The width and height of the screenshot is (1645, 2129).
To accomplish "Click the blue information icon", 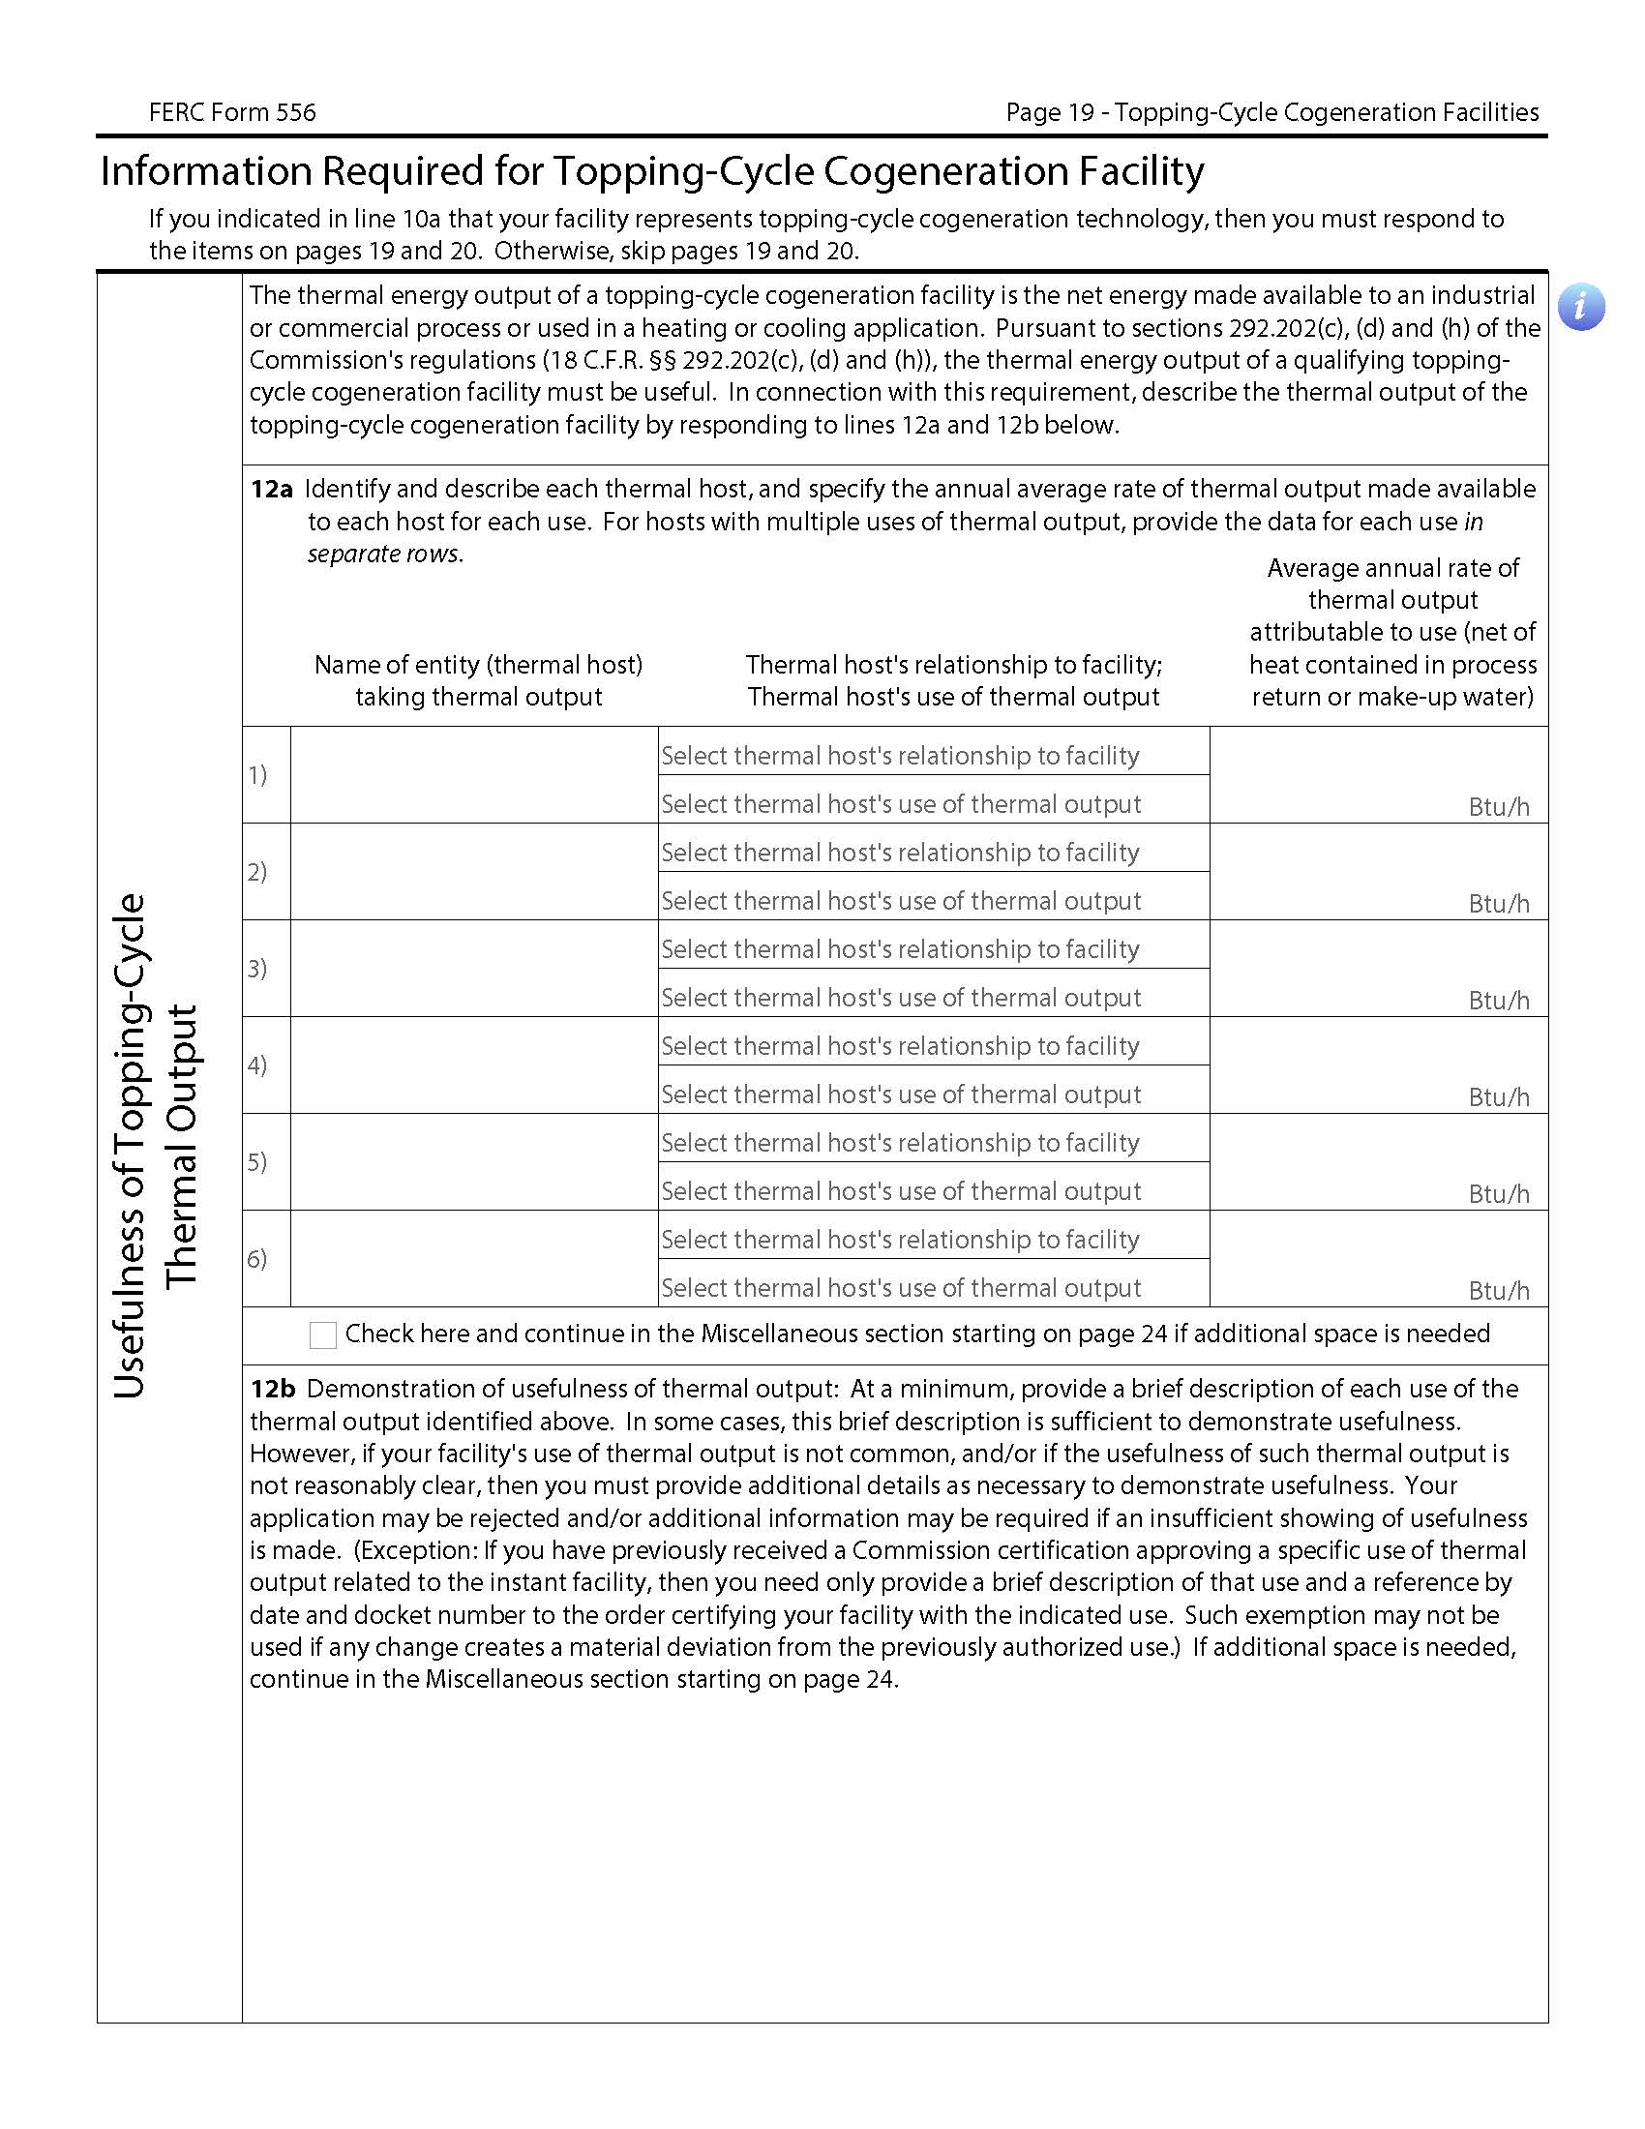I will (1580, 307).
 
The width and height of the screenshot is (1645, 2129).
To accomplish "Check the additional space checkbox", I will (322, 1334).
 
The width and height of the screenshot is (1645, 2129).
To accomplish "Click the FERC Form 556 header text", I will (232, 112).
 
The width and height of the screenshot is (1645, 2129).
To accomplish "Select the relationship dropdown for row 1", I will (933, 755).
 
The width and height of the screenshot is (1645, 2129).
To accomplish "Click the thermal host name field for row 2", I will (473, 872).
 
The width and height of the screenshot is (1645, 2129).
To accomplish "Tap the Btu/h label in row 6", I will (1498, 1290).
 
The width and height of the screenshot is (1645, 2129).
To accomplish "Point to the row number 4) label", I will (256, 1064).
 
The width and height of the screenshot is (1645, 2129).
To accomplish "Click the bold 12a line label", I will (271, 490).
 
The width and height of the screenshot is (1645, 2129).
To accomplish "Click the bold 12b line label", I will (272, 1388).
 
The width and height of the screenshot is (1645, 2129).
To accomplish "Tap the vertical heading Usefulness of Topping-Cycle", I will (130, 1146).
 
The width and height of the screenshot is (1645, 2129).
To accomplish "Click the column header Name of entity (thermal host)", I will (477, 665).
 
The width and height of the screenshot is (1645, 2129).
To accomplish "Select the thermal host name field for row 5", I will (473, 1161).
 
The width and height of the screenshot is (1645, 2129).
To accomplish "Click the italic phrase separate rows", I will (385, 554).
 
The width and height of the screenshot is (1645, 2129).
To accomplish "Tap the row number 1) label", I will (256, 775).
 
